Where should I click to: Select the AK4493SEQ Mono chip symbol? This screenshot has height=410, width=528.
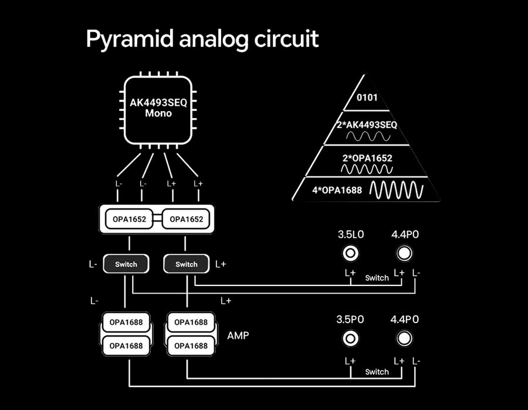click(x=158, y=109)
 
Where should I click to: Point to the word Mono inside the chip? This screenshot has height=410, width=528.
click(x=158, y=113)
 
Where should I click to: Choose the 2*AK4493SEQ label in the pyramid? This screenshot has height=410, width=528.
click(x=368, y=125)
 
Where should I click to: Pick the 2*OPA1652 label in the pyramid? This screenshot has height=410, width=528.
click(x=367, y=158)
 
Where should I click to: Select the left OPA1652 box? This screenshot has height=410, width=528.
click(x=126, y=220)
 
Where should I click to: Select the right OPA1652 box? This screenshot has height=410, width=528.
click(x=187, y=220)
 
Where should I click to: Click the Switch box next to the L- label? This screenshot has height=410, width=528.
click(x=126, y=264)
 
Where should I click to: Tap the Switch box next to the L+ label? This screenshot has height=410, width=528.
click(x=187, y=264)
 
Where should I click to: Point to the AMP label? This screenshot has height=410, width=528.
click(x=238, y=336)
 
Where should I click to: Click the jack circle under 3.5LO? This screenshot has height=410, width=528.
click(x=351, y=253)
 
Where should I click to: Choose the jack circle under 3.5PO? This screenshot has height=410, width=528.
click(x=351, y=338)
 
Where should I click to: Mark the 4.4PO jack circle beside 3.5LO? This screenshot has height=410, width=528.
click(x=404, y=253)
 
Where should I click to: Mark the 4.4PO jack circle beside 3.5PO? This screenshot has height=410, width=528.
click(x=404, y=338)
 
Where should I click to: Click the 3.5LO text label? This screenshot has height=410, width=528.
click(x=351, y=234)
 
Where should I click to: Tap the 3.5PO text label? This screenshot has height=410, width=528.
click(x=351, y=320)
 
